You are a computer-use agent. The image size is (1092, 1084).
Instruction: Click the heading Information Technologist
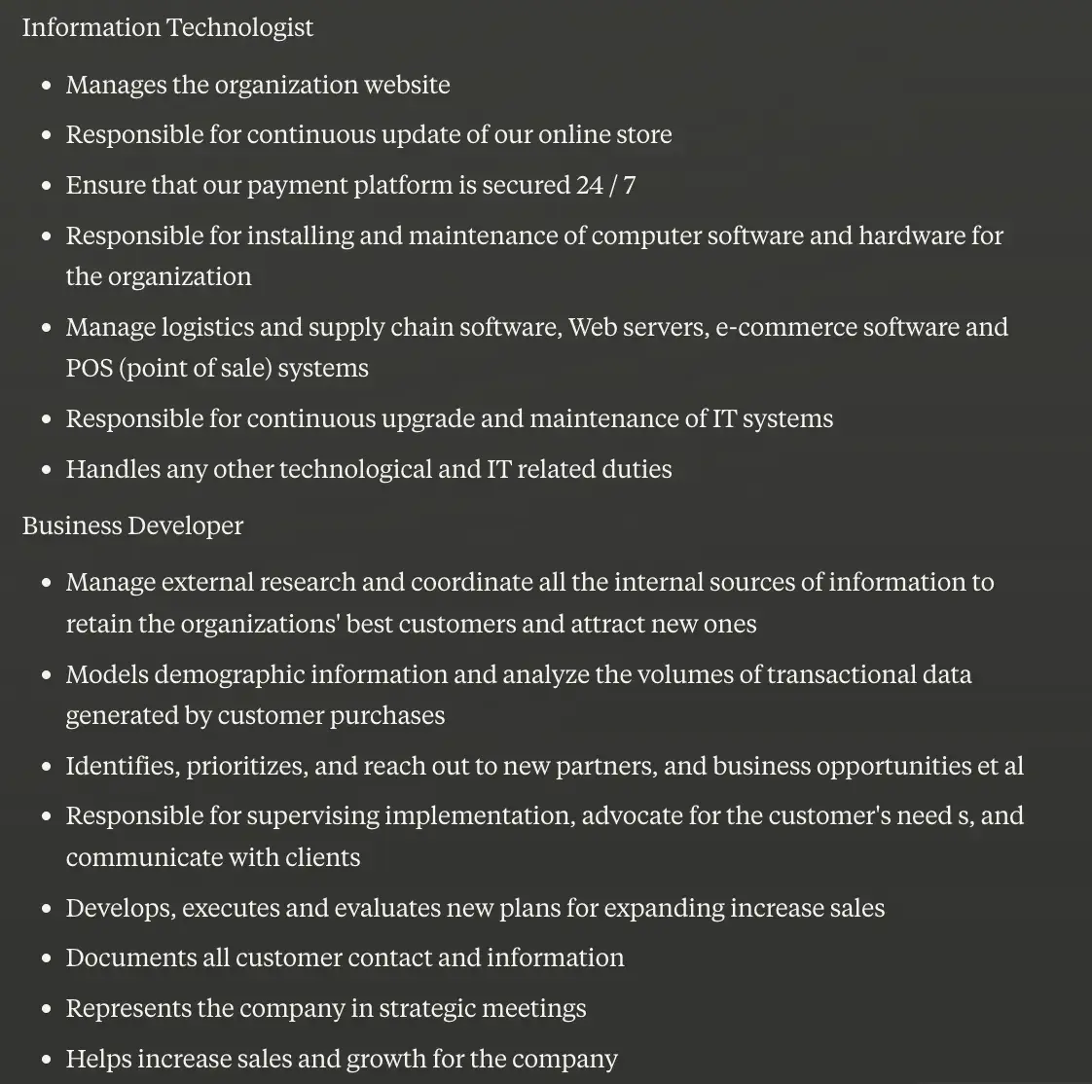click(167, 27)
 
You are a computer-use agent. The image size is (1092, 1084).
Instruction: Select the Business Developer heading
click(132, 525)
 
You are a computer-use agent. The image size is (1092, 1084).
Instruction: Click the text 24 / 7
click(605, 185)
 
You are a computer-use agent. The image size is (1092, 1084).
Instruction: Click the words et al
click(1000, 766)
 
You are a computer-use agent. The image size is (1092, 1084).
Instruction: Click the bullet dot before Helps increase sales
click(47, 1059)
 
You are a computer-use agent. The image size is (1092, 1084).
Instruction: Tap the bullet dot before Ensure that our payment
click(47, 186)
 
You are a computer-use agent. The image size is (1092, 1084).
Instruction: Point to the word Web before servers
click(592, 327)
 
